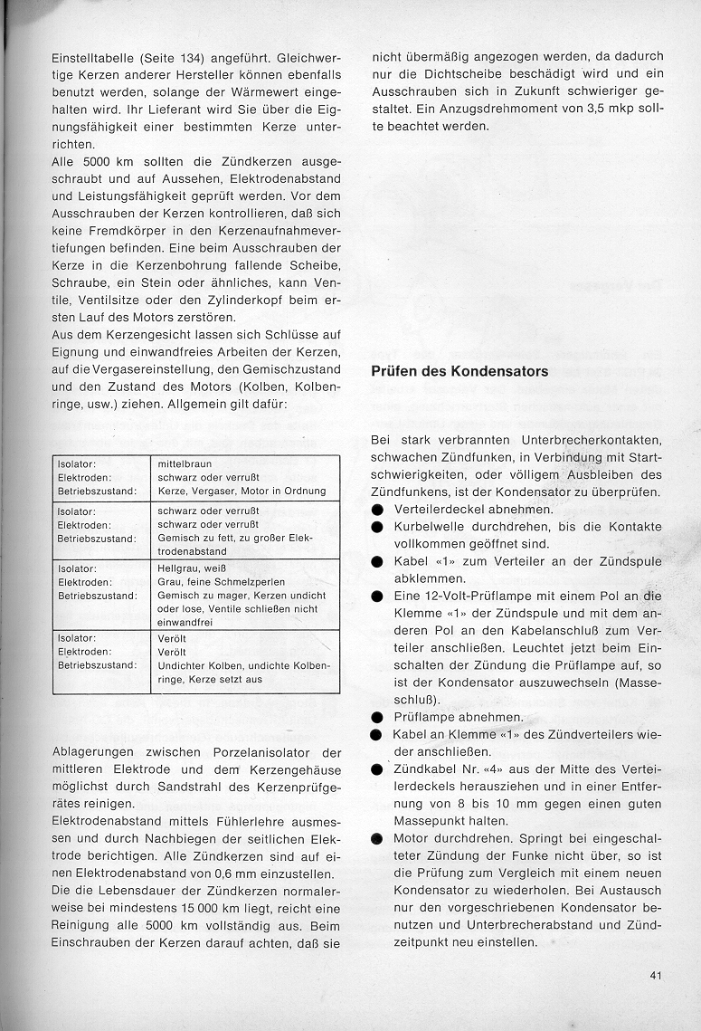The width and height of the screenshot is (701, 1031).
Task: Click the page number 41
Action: (657, 975)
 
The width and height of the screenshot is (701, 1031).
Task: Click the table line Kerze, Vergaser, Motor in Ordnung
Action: (241, 491)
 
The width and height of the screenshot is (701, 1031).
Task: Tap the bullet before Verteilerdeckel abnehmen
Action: (377, 510)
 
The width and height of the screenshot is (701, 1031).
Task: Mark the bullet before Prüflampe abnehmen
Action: (377, 716)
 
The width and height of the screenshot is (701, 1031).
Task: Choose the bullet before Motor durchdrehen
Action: (377, 838)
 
